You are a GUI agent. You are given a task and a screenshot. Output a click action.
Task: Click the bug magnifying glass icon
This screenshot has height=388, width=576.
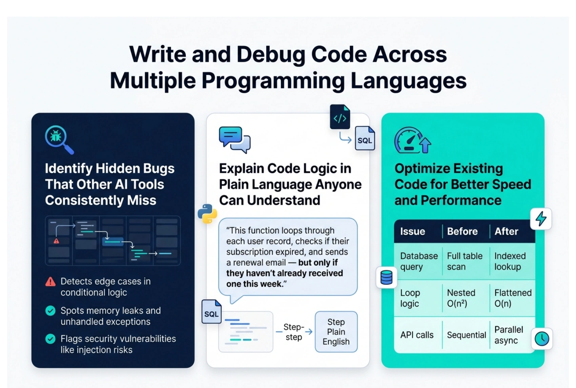click(x=59, y=139)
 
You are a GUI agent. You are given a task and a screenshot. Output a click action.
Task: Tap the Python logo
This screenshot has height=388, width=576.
click(x=207, y=214)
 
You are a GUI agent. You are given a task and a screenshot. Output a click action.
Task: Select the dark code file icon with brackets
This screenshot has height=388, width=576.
click(x=340, y=117)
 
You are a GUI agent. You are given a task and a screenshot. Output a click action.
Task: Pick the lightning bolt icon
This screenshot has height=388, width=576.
click(x=541, y=219)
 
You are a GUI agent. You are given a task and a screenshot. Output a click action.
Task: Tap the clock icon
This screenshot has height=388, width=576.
click(x=542, y=339)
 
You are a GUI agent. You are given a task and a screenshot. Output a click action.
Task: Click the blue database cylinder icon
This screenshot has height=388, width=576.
click(x=386, y=278)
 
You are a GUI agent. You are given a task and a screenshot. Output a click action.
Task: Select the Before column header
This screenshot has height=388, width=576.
click(x=462, y=231)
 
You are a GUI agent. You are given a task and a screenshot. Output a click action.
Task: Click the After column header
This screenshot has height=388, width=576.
click(x=506, y=231)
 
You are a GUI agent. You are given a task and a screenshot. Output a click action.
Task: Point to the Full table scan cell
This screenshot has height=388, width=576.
click(x=464, y=261)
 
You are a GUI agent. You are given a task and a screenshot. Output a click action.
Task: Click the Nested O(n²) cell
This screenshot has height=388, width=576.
click(x=461, y=298)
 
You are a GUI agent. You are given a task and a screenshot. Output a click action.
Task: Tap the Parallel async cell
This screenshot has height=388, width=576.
click(x=508, y=335)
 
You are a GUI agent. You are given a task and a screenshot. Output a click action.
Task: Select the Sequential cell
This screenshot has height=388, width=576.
click(x=466, y=335)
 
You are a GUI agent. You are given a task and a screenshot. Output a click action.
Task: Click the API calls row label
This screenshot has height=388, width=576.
click(x=417, y=335)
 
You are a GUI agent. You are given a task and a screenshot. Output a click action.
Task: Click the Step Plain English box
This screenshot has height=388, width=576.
click(x=336, y=332)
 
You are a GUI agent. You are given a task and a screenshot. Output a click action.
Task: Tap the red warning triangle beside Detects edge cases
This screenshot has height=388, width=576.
click(x=50, y=281)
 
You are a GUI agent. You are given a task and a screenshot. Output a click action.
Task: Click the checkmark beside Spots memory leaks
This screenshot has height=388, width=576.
click(x=50, y=311)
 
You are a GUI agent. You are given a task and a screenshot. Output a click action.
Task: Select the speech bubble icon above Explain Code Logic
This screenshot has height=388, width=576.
click(x=235, y=139)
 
